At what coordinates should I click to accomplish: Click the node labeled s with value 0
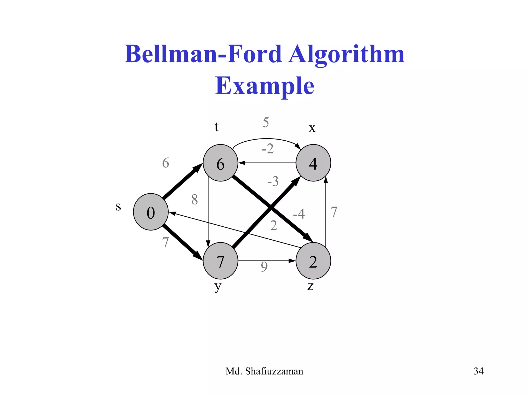151,212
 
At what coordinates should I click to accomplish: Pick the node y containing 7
220,261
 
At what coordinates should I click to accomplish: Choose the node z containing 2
313,261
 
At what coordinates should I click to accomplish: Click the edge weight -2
268,149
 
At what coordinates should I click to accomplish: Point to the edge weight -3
273,181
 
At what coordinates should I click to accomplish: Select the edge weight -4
299,214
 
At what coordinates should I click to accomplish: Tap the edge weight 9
264,267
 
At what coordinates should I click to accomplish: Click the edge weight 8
195,200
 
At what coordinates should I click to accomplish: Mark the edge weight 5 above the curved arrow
266,122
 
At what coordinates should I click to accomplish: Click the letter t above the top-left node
216,127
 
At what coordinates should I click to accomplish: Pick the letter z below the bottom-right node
310,286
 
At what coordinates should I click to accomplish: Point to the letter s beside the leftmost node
118,207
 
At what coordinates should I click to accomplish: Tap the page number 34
478,371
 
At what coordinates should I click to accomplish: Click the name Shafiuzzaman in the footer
274,371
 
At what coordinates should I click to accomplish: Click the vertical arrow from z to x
326,212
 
